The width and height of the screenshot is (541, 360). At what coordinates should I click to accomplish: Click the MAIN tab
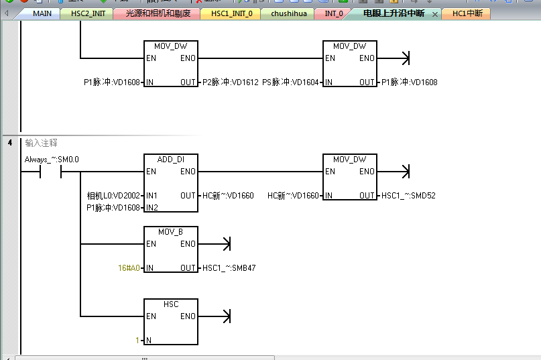tap(42, 13)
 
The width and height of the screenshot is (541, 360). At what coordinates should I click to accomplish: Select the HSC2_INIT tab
tap(88, 13)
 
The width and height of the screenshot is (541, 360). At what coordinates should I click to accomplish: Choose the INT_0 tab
tap(333, 13)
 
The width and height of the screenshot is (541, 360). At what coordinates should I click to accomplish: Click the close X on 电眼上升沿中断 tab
tap(434, 14)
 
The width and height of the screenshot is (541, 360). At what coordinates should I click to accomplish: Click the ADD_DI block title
tap(171, 160)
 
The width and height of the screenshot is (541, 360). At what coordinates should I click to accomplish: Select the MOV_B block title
tap(171, 232)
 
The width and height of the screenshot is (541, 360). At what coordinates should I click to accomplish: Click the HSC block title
tap(171, 304)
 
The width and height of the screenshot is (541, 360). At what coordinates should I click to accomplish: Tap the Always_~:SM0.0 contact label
tap(52, 160)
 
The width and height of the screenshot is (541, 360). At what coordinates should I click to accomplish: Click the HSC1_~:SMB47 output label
tap(229, 268)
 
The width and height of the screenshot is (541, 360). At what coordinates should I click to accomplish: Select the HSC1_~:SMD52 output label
tap(408, 196)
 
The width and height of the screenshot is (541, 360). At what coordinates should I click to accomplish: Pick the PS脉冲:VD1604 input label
tap(291, 82)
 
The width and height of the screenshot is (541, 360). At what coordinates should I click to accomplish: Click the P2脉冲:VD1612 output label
tap(230, 82)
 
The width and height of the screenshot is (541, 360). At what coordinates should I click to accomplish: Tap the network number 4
tap(11, 142)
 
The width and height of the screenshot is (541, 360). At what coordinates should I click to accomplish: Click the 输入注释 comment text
tap(42, 143)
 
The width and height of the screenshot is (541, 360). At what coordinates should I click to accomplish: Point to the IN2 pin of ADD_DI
tap(153, 208)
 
